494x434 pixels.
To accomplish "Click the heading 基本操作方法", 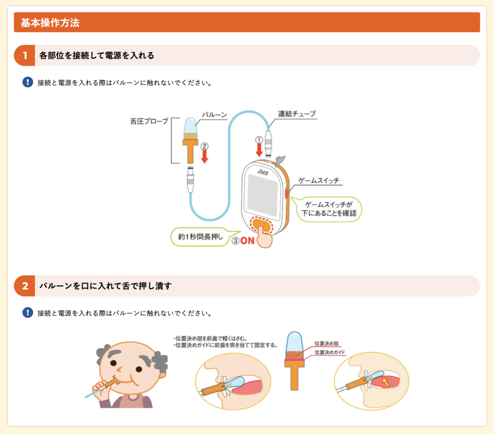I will coord(50,23).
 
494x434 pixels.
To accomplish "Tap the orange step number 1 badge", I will coord(25,56).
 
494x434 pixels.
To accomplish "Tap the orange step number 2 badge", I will coord(25,286).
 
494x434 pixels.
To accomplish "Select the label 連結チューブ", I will coord(297,114).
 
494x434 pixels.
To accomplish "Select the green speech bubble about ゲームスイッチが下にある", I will coord(330,209).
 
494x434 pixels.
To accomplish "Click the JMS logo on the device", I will coord(262,172).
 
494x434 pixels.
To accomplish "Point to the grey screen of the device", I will coord(262,195).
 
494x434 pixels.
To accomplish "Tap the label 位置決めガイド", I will coord(329,352).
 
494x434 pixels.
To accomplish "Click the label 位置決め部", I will coord(326,344).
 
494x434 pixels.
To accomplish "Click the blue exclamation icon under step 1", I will coord(27,82).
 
